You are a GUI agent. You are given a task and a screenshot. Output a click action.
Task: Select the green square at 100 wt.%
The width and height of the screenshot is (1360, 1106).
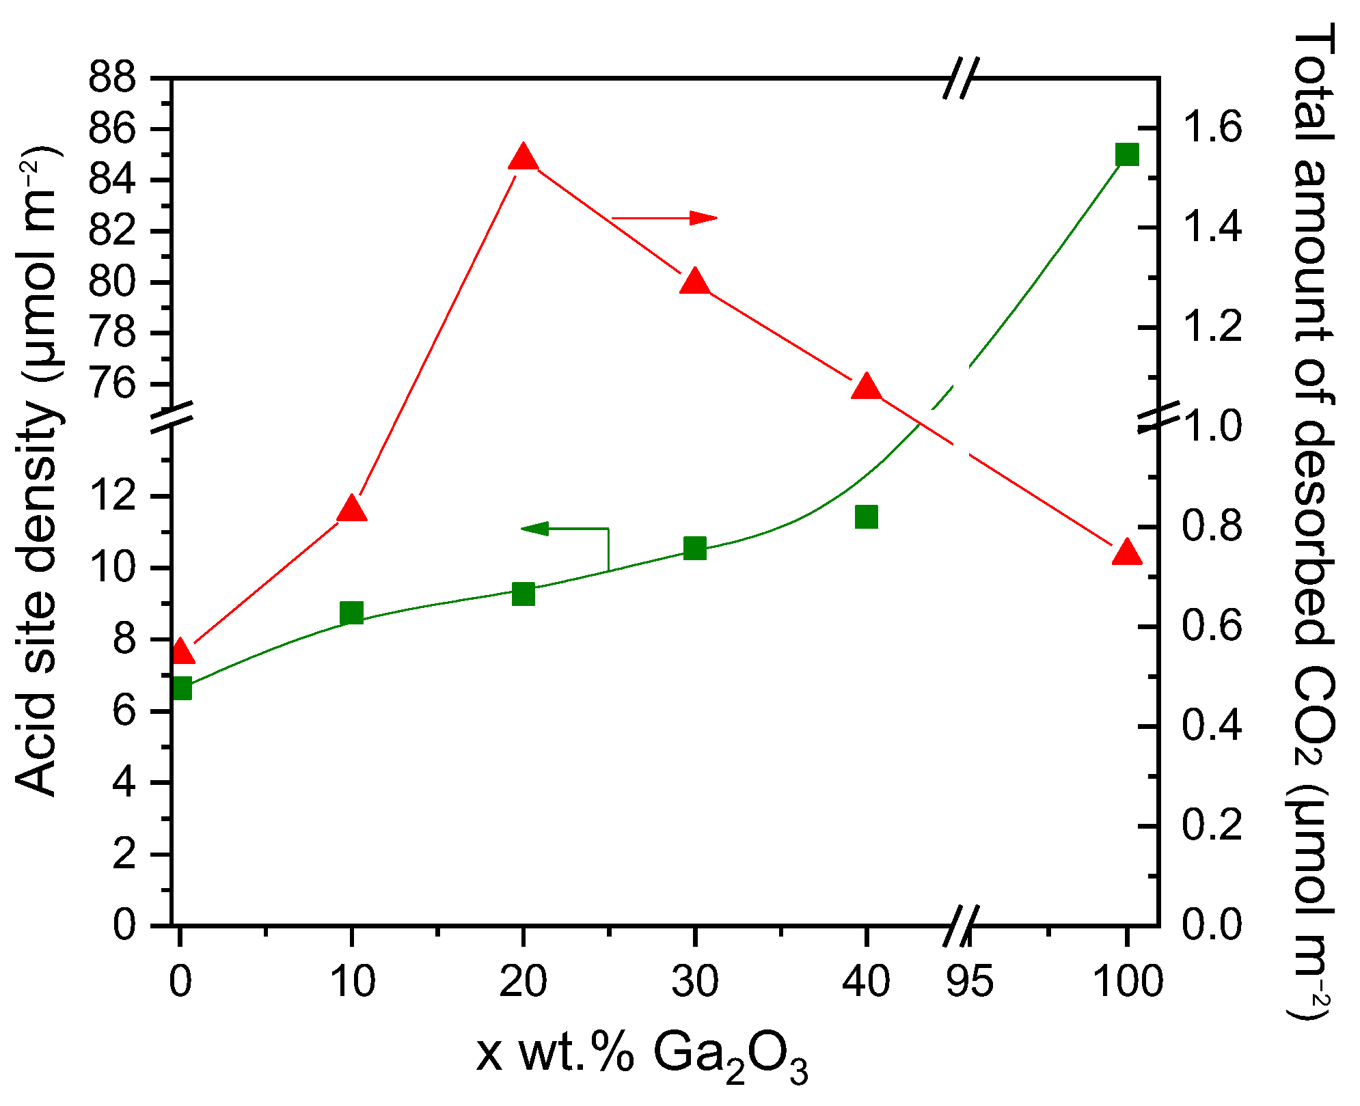pyautogui.click(x=1127, y=154)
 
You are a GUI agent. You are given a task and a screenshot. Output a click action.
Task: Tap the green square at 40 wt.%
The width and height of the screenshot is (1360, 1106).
pyautogui.click(x=867, y=517)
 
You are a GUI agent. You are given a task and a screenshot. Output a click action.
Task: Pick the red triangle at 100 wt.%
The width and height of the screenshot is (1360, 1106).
pyautogui.click(x=1127, y=552)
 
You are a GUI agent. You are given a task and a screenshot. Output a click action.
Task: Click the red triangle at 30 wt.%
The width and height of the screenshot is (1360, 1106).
pyautogui.click(x=695, y=281)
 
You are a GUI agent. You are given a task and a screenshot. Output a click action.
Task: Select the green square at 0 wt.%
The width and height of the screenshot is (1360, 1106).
pyautogui.click(x=180, y=689)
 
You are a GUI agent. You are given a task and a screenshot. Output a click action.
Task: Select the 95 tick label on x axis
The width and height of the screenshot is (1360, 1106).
pyautogui.click(x=970, y=982)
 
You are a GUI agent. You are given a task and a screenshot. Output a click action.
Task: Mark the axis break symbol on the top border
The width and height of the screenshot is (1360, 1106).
pyautogui.click(x=961, y=78)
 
